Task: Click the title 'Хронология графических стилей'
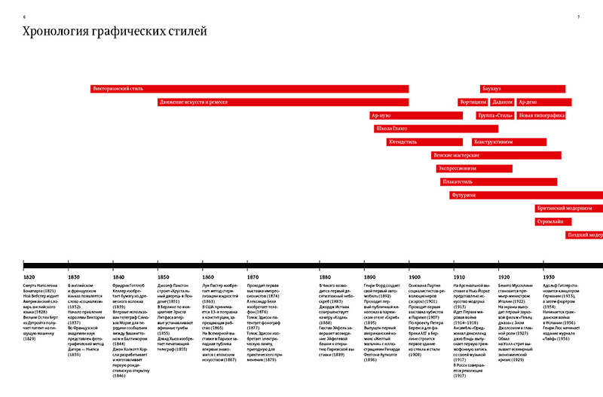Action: [115, 32]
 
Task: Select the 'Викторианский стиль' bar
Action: [249, 89]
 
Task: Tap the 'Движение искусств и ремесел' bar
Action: [283, 102]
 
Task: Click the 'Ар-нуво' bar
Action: [415, 116]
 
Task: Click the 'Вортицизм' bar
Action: [473, 102]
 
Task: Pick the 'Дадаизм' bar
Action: [502, 102]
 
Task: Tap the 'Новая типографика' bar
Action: [541, 116]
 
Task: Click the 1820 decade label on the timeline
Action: [29, 277]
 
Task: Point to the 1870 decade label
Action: [253, 277]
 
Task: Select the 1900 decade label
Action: [415, 277]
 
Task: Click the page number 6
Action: [25, 17]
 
